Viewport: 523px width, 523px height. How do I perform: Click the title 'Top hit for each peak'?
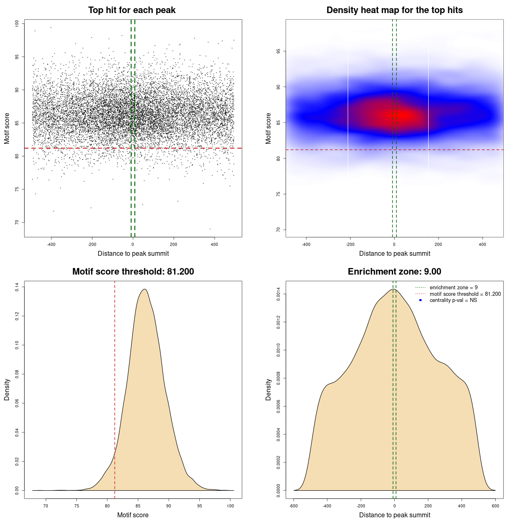click(x=132, y=10)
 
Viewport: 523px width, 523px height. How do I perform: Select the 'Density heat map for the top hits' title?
click(x=394, y=10)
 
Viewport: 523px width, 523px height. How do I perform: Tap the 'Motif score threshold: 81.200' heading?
click(x=133, y=272)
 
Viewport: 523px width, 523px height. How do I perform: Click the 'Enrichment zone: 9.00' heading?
click(x=394, y=272)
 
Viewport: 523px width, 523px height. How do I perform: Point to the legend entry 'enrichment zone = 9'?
click(x=454, y=288)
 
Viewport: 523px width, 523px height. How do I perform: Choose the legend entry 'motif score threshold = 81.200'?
click(x=465, y=294)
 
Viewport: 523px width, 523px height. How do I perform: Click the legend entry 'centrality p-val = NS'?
click(x=453, y=300)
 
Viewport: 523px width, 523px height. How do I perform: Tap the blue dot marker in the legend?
click(x=420, y=300)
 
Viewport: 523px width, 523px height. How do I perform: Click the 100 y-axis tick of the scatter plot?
click(x=17, y=24)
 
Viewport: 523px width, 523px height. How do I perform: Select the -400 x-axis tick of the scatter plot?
click(x=51, y=244)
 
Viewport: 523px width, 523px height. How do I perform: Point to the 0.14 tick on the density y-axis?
click(x=17, y=287)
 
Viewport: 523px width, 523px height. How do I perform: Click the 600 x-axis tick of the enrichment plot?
click(x=495, y=506)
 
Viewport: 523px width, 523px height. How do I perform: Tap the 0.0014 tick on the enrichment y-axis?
click(x=279, y=294)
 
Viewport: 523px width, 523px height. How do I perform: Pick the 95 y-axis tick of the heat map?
click(x=279, y=51)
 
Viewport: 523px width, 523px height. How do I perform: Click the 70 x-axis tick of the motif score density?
click(x=46, y=506)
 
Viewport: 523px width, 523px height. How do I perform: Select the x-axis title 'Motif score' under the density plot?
click(x=133, y=515)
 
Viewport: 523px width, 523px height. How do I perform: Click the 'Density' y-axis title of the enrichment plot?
click(x=268, y=389)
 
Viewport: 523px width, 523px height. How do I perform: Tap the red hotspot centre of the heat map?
click(x=402, y=116)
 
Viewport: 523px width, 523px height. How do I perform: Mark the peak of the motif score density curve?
click(x=144, y=289)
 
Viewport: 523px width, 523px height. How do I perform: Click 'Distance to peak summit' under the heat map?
click(x=394, y=253)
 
